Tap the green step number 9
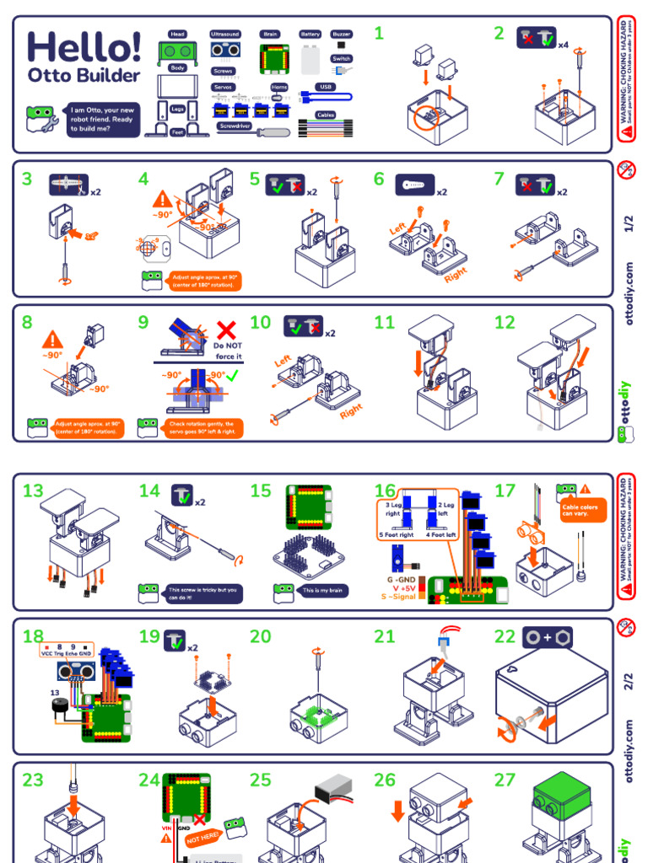coord(143,322)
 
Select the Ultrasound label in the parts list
coord(225,35)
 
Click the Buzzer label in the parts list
coord(341,35)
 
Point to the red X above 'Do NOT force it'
coord(226,330)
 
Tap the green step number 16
coord(385,490)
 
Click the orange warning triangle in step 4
coord(163,200)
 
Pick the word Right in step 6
coord(455,274)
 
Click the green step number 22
coord(505,637)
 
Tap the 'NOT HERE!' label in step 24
coord(202,836)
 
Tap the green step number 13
coord(33,490)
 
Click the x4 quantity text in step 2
coord(563,44)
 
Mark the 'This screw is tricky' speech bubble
coord(202,593)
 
